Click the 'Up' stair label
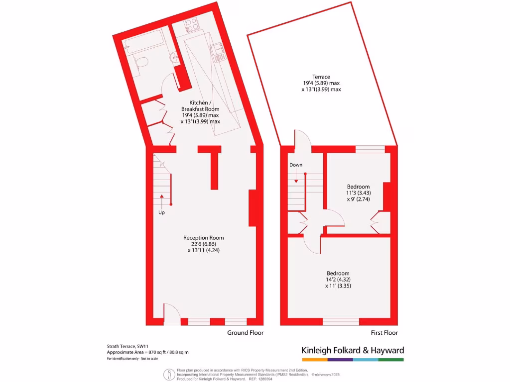pyautogui.click(x=161, y=212)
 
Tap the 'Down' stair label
pyautogui.click(x=296, y=165)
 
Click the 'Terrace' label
pyautogui.click(x=321, y=77)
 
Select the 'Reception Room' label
pyautogui.click(x=203, y=238)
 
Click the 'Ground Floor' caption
pyautogui.click(x=246, y=333)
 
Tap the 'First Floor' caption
pyautogui.click(x=384, y=333)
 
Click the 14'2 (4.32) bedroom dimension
pyautogui.click(x=338, y=280)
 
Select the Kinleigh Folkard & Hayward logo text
pyautogui.click(x=353, y=350)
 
